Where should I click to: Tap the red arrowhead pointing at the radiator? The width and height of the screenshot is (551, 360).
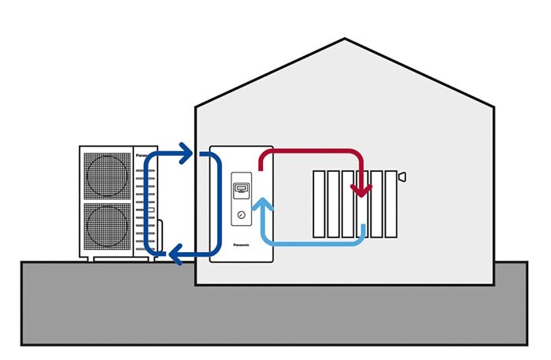(363, 189)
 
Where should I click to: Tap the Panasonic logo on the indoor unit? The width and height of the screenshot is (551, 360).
(242, 245)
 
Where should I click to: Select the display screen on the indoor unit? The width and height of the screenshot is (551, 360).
(242, 190)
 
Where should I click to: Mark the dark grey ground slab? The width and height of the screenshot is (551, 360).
(275, 315)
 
